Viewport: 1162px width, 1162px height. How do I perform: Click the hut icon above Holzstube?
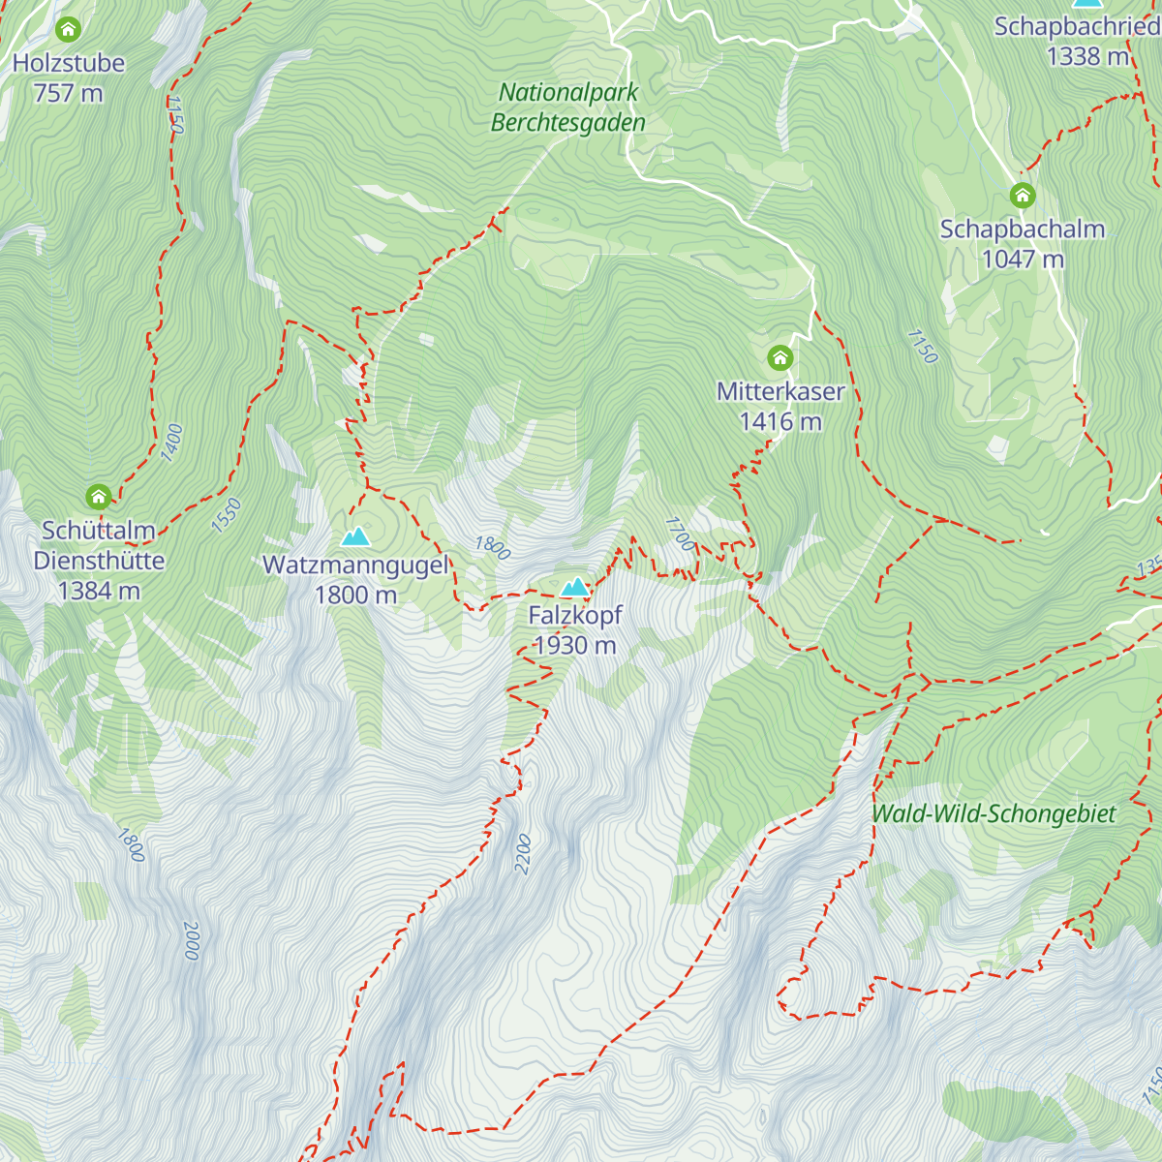(68, 30)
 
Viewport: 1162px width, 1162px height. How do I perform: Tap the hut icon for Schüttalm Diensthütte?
(98, 498)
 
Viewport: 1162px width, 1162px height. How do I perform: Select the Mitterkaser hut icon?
(780, 358)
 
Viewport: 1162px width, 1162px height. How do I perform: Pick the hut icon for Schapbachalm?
(1023, 196)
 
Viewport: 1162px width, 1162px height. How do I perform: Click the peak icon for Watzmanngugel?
(355, 536)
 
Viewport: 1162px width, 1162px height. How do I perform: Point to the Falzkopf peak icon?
(575, 587)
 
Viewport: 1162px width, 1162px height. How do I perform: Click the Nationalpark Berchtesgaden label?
(568, 107)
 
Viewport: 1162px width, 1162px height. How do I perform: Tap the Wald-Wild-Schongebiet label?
(994, 813)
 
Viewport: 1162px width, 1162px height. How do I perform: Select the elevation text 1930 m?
(575, 645)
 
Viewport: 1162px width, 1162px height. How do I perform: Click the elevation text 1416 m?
(780, 421)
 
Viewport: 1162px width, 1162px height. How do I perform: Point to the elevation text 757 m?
(68, 93)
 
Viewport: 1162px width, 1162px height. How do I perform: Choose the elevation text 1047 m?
(1023, 259)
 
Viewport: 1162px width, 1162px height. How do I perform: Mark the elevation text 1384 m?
(99, 591)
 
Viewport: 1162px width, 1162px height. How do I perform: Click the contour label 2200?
(524, 854)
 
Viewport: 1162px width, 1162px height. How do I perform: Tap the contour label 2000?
(191, 940)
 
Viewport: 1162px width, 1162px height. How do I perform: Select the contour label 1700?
(680, 534)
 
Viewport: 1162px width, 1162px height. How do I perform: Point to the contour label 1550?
(226, 515)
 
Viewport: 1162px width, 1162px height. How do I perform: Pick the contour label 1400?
(172, 443)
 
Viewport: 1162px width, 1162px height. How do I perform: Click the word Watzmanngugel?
(355, 565)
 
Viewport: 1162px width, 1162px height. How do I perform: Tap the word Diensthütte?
(99, 561)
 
